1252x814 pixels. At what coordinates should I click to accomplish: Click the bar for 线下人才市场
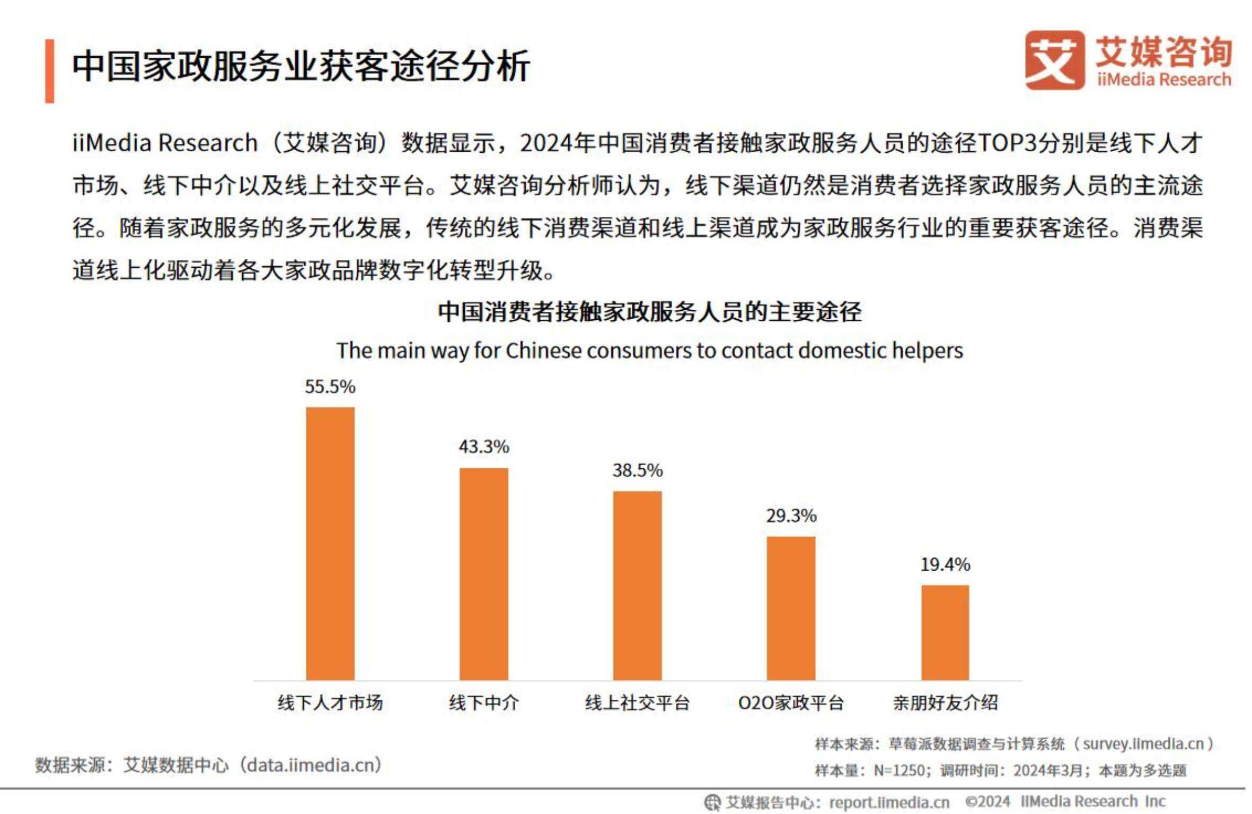tap(330, 544)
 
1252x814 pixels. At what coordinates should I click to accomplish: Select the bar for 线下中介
tap(483, 574)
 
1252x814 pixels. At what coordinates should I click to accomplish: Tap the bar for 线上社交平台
tap(637, 585)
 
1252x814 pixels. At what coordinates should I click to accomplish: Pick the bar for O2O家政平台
tap(791, 608)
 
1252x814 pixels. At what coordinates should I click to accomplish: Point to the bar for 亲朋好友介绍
tap(945, 633)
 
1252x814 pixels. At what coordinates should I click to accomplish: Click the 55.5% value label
tap(330, 387)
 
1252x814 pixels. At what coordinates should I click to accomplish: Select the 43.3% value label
tap(483, 447)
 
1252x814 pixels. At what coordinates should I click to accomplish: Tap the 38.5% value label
tap(637, 470)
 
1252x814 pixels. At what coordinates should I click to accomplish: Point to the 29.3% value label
tap(791, 515)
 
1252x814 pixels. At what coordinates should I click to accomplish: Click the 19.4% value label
tap(945, 564)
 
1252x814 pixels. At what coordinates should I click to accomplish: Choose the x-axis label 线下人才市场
tap(330, 703)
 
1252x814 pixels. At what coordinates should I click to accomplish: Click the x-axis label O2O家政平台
tap(791, 703)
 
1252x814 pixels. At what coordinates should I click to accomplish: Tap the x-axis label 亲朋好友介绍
tap(945, 703)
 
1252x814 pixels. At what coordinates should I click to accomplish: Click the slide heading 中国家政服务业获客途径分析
tap(301, 66)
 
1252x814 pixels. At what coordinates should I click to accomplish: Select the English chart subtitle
tap(649, 351)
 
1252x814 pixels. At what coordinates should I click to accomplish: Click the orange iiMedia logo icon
tap(1054, 60)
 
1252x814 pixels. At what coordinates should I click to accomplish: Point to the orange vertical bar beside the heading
tap(49, 71)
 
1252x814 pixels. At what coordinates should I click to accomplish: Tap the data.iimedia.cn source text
tap(313, 765)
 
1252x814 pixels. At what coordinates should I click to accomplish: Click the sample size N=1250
tap(899, 770)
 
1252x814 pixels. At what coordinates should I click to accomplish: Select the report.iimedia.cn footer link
tap(889, 802)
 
